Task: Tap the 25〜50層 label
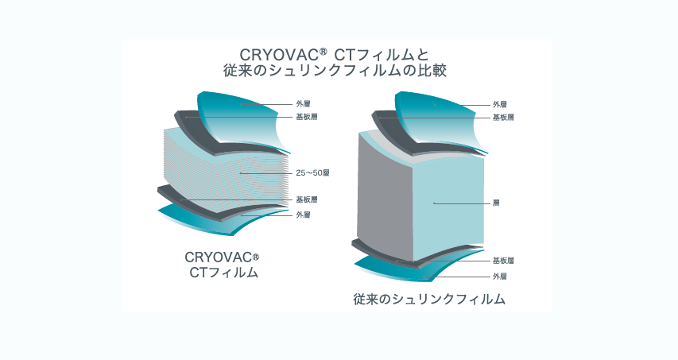(x=307, y=172)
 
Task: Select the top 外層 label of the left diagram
(x=303, y=104)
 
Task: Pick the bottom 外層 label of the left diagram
(x=303, y=215)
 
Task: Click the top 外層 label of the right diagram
(x=499, y=104)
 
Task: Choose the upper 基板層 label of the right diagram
(x=502, y=118)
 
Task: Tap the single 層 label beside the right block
(x=496, y=203)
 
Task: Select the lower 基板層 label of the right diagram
(x=502, y=261)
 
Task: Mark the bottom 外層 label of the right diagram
(x=499, y=276)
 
